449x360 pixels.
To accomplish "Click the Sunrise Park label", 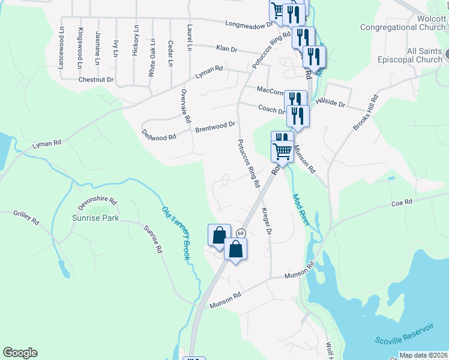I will pyautogui.click(x=95, y=218).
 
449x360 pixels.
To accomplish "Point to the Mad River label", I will pyautogui.click(x=301, y=209).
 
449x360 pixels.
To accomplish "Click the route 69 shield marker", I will pyautogui.click(x=241, y=233).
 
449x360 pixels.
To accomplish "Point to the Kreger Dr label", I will pyautogui.click(x=267, y=222).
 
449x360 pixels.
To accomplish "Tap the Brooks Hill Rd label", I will pyautogui.click(x=366, y=112).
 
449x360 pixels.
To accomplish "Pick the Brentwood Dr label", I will pyautogui.click(x=215, y=127).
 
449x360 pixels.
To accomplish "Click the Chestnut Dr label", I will pyautogui.click(x=95, y=79).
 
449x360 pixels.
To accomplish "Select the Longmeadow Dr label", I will pyautogui.click(x=249, y=24).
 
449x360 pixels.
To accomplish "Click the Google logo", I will pyautogui.click(x=20, y=353).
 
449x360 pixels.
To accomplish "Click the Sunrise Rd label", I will pyautogui.click(x=152, y=239).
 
